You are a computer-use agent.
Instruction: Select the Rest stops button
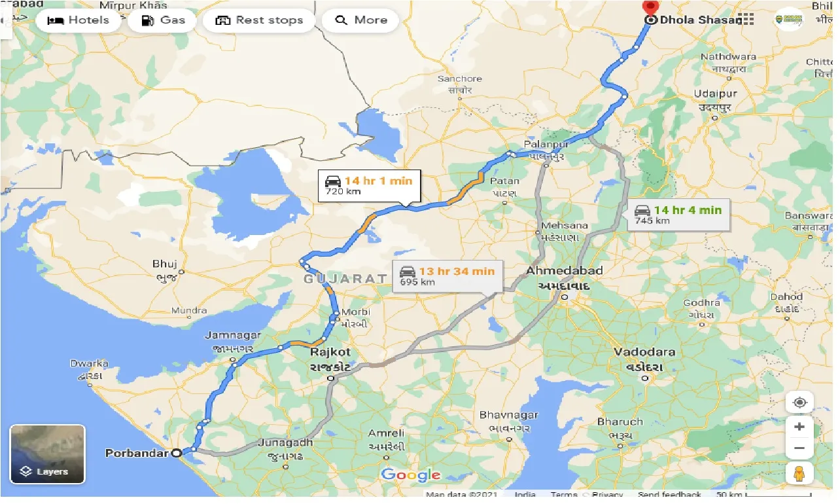pyautogui.click(x=259, y=20)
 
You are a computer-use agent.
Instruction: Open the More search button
pyautogui.click(x=361, y=20)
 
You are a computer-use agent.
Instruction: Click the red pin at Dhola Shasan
pyautogui.click(x=650, y=9)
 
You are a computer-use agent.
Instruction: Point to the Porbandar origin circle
pyautogui.click(x=176, y=452)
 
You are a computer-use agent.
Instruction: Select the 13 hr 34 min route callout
pyautogui.click(x=447, y=276)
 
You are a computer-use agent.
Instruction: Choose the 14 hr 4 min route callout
pyautogui.click(x=678, y=215)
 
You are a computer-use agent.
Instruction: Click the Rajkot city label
pyautogui.click(x=330, y=352)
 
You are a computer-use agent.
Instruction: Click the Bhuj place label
pyautogui.click(x=165, y=264)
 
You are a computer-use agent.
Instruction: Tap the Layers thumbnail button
pyautogui.click(x=47, y=454)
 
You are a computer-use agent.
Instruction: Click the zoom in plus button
pyautogui.click(x=799, y=427)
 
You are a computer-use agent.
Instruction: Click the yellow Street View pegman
pyautogui.click(x=799, y=472)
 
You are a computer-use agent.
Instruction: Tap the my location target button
pyautogui.click(x=799, y=402)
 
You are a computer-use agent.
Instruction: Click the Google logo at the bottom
pyautogui.click(x=411, y=475)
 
